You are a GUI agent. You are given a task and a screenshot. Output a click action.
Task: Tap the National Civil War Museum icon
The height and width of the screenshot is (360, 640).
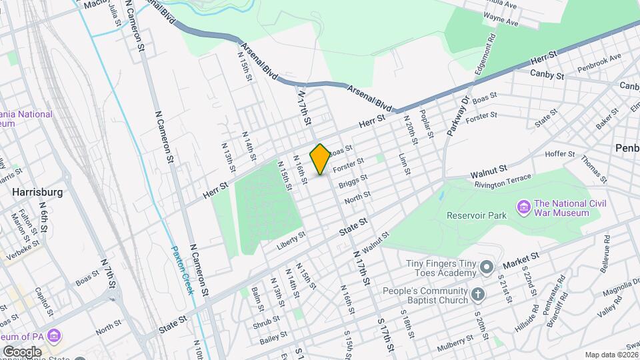(x=525, y=208)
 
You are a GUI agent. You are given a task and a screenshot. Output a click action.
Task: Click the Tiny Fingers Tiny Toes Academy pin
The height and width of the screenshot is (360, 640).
(x=487, y=268)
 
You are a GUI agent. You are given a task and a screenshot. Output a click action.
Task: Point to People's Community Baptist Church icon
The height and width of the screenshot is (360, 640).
(x=478, y=293)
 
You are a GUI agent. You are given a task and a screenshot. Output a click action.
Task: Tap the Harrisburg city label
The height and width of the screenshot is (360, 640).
(x=37, y=192)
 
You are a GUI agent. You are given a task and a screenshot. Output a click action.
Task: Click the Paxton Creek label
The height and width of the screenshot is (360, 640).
(x=182, y=269)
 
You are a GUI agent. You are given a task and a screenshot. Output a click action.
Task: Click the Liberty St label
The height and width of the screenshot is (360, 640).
(x=291, y=241)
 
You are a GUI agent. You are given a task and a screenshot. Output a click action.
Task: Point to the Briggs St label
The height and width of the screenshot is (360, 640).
(x=353, y=181)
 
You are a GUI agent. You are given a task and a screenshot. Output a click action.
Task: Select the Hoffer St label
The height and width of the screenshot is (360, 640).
(x=559, y=155)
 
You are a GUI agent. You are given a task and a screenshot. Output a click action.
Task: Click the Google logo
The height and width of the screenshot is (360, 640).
(x=21, y=351)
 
